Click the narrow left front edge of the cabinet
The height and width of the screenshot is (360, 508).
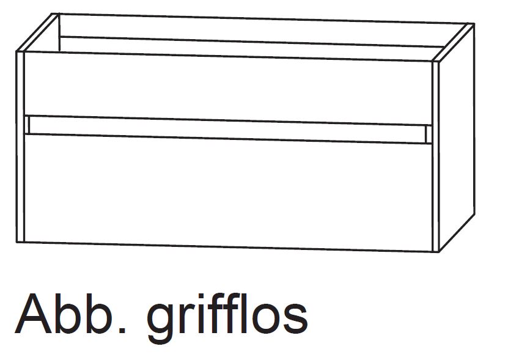20,147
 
